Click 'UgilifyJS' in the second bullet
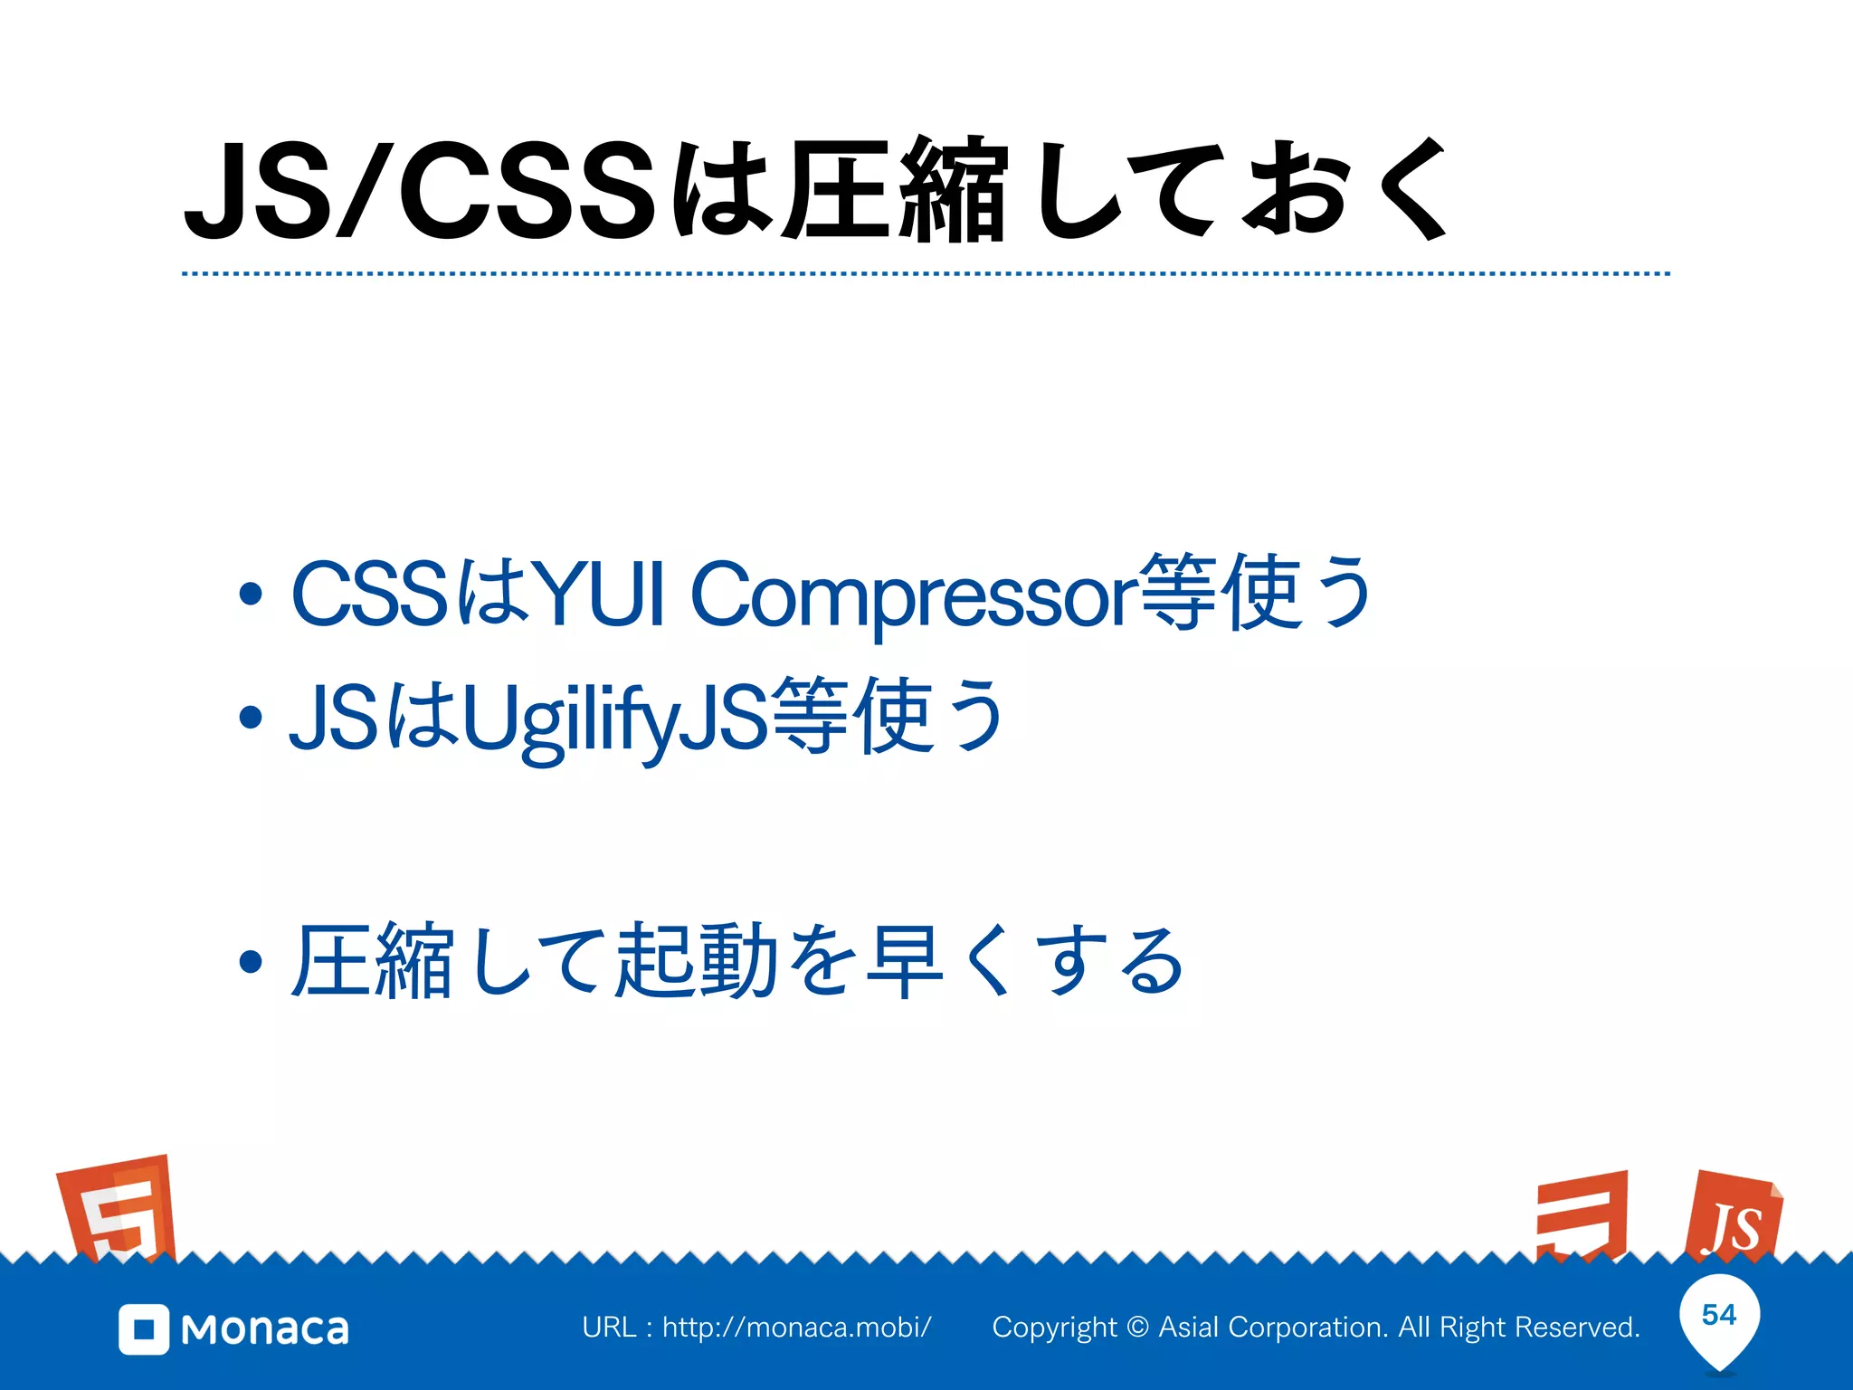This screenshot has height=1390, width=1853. pyautogui.click(x=615, y=719)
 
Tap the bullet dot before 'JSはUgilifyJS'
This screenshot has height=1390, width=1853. pyautogui.click(x=251, y=718)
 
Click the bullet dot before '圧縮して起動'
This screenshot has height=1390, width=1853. pyautogui.click(x=251, y=962)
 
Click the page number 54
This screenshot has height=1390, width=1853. pyautogui.click(x=1719, y=1315)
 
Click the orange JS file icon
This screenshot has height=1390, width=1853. pyautogui.click(x=1733, y=1217)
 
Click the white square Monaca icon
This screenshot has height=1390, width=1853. pyautogui.click(x=144, y=1329)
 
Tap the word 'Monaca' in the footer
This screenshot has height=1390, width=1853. pyautogui.click(x=264, y=1329)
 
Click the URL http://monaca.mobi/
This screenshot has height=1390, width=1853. pyautogui.click(x=796, y=1328)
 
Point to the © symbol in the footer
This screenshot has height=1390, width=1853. pyautogui.click(x=1138, y=1328)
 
